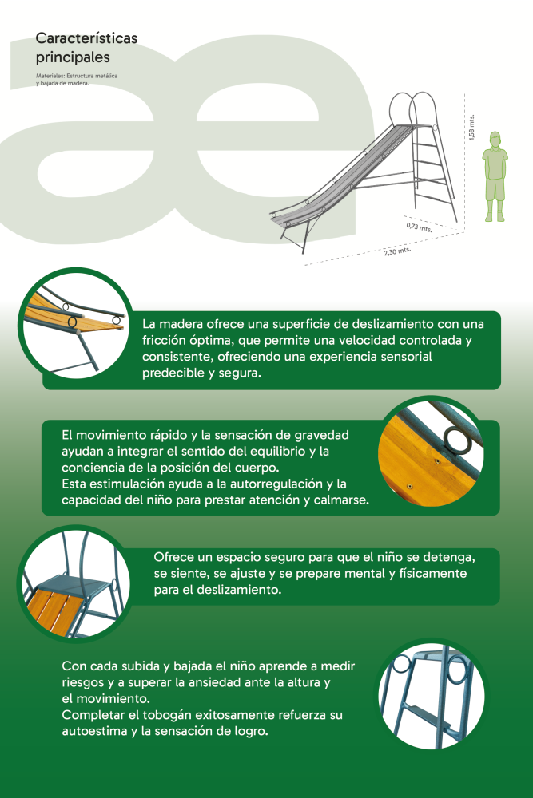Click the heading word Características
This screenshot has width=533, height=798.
click(x=86, y=38)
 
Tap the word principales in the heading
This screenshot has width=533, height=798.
click(x=73, y=57)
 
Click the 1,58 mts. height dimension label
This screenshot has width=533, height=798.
click(x=471, y=127)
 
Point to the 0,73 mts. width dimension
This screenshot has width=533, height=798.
click(x=420, y=227)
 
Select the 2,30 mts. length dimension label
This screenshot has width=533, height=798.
click(x=397, y=251)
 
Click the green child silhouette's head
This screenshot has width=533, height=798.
click(x=495, y=140)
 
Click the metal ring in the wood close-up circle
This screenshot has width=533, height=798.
click(x=457, y=440)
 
